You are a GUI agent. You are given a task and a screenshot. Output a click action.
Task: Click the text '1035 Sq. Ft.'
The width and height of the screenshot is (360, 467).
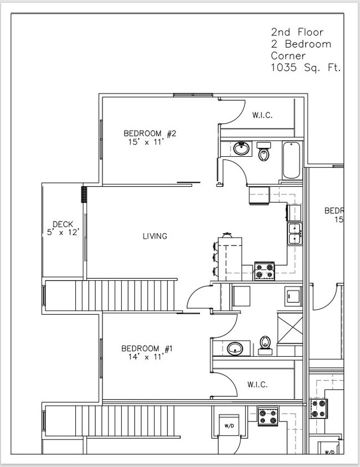click(305, 68)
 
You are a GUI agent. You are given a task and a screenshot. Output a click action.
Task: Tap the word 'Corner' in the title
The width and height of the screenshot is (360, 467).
click(289, 56)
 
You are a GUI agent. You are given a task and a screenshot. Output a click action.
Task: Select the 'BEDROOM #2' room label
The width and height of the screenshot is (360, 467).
click(150, 134)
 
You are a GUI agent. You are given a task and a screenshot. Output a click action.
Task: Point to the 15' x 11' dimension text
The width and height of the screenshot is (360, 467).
click(150, 142)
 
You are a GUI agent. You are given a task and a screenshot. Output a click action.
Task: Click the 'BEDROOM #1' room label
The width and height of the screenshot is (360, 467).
click(147, 348)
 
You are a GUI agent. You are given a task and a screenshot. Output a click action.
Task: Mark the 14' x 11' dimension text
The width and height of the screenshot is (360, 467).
click(147, 357)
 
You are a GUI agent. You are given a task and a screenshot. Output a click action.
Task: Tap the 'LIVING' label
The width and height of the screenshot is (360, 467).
click(155, 237)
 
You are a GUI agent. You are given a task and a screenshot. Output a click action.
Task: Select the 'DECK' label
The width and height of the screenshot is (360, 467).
click(63, 224)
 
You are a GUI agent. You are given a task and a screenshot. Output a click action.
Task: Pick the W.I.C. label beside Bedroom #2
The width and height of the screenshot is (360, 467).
click(262, 116)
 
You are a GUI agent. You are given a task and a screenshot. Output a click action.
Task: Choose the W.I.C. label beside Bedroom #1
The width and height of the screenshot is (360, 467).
click(257, 384)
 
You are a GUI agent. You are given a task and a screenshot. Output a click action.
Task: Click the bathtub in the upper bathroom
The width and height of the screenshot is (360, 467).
click(291, 161)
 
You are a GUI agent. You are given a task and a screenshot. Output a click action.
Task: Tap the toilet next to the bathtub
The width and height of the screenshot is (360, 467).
click(264, 152)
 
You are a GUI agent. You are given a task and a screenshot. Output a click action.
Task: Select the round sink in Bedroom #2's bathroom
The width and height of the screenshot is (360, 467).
click(241, 148)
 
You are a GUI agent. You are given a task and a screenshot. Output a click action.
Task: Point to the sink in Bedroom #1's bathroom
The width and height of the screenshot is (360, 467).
click(235, 349)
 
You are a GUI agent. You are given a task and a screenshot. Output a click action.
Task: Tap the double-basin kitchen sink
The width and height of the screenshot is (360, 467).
click(294, 233)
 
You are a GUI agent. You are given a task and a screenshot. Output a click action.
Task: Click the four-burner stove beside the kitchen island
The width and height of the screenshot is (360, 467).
click(264, 271)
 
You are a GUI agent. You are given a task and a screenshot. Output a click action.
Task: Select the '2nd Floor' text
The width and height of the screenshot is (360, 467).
click(297, 32)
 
